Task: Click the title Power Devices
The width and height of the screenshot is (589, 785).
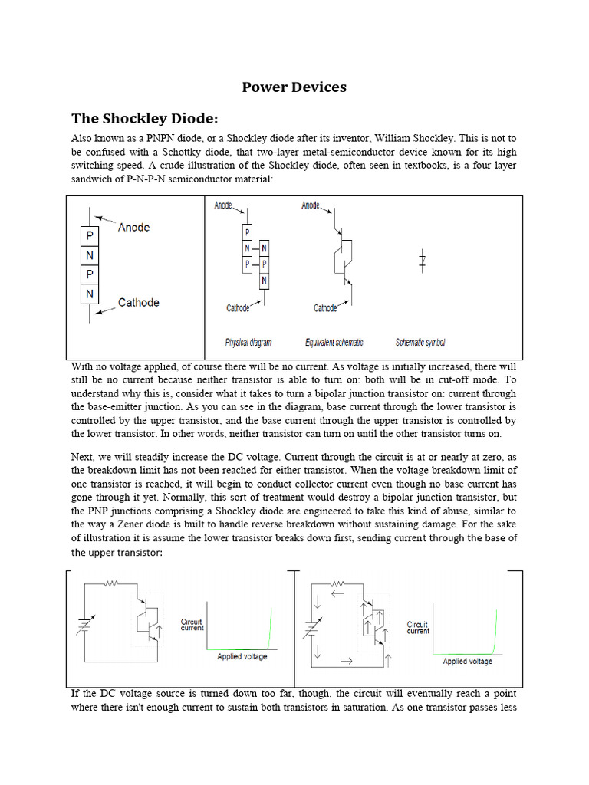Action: (294, 87)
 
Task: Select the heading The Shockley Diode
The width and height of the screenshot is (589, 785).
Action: (145, 118)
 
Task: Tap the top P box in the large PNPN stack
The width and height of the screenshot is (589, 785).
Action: (90, 236)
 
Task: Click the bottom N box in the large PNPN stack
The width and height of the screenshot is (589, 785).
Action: (90, 294)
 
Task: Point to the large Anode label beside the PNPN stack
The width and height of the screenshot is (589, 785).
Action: (133, 227)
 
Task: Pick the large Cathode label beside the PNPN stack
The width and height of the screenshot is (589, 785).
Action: (138, 302)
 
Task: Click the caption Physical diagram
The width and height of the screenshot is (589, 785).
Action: (248, 343)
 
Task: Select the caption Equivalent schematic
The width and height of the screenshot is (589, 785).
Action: (334, 343)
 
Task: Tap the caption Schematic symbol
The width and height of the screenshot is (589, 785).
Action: (420, 343)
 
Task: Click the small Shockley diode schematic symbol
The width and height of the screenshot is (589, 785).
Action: (422, 261)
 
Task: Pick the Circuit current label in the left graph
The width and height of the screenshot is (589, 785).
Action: (192, 624)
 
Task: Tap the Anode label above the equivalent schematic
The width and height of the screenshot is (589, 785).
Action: (311, 205)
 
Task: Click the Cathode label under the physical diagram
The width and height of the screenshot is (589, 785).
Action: (238, 308)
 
